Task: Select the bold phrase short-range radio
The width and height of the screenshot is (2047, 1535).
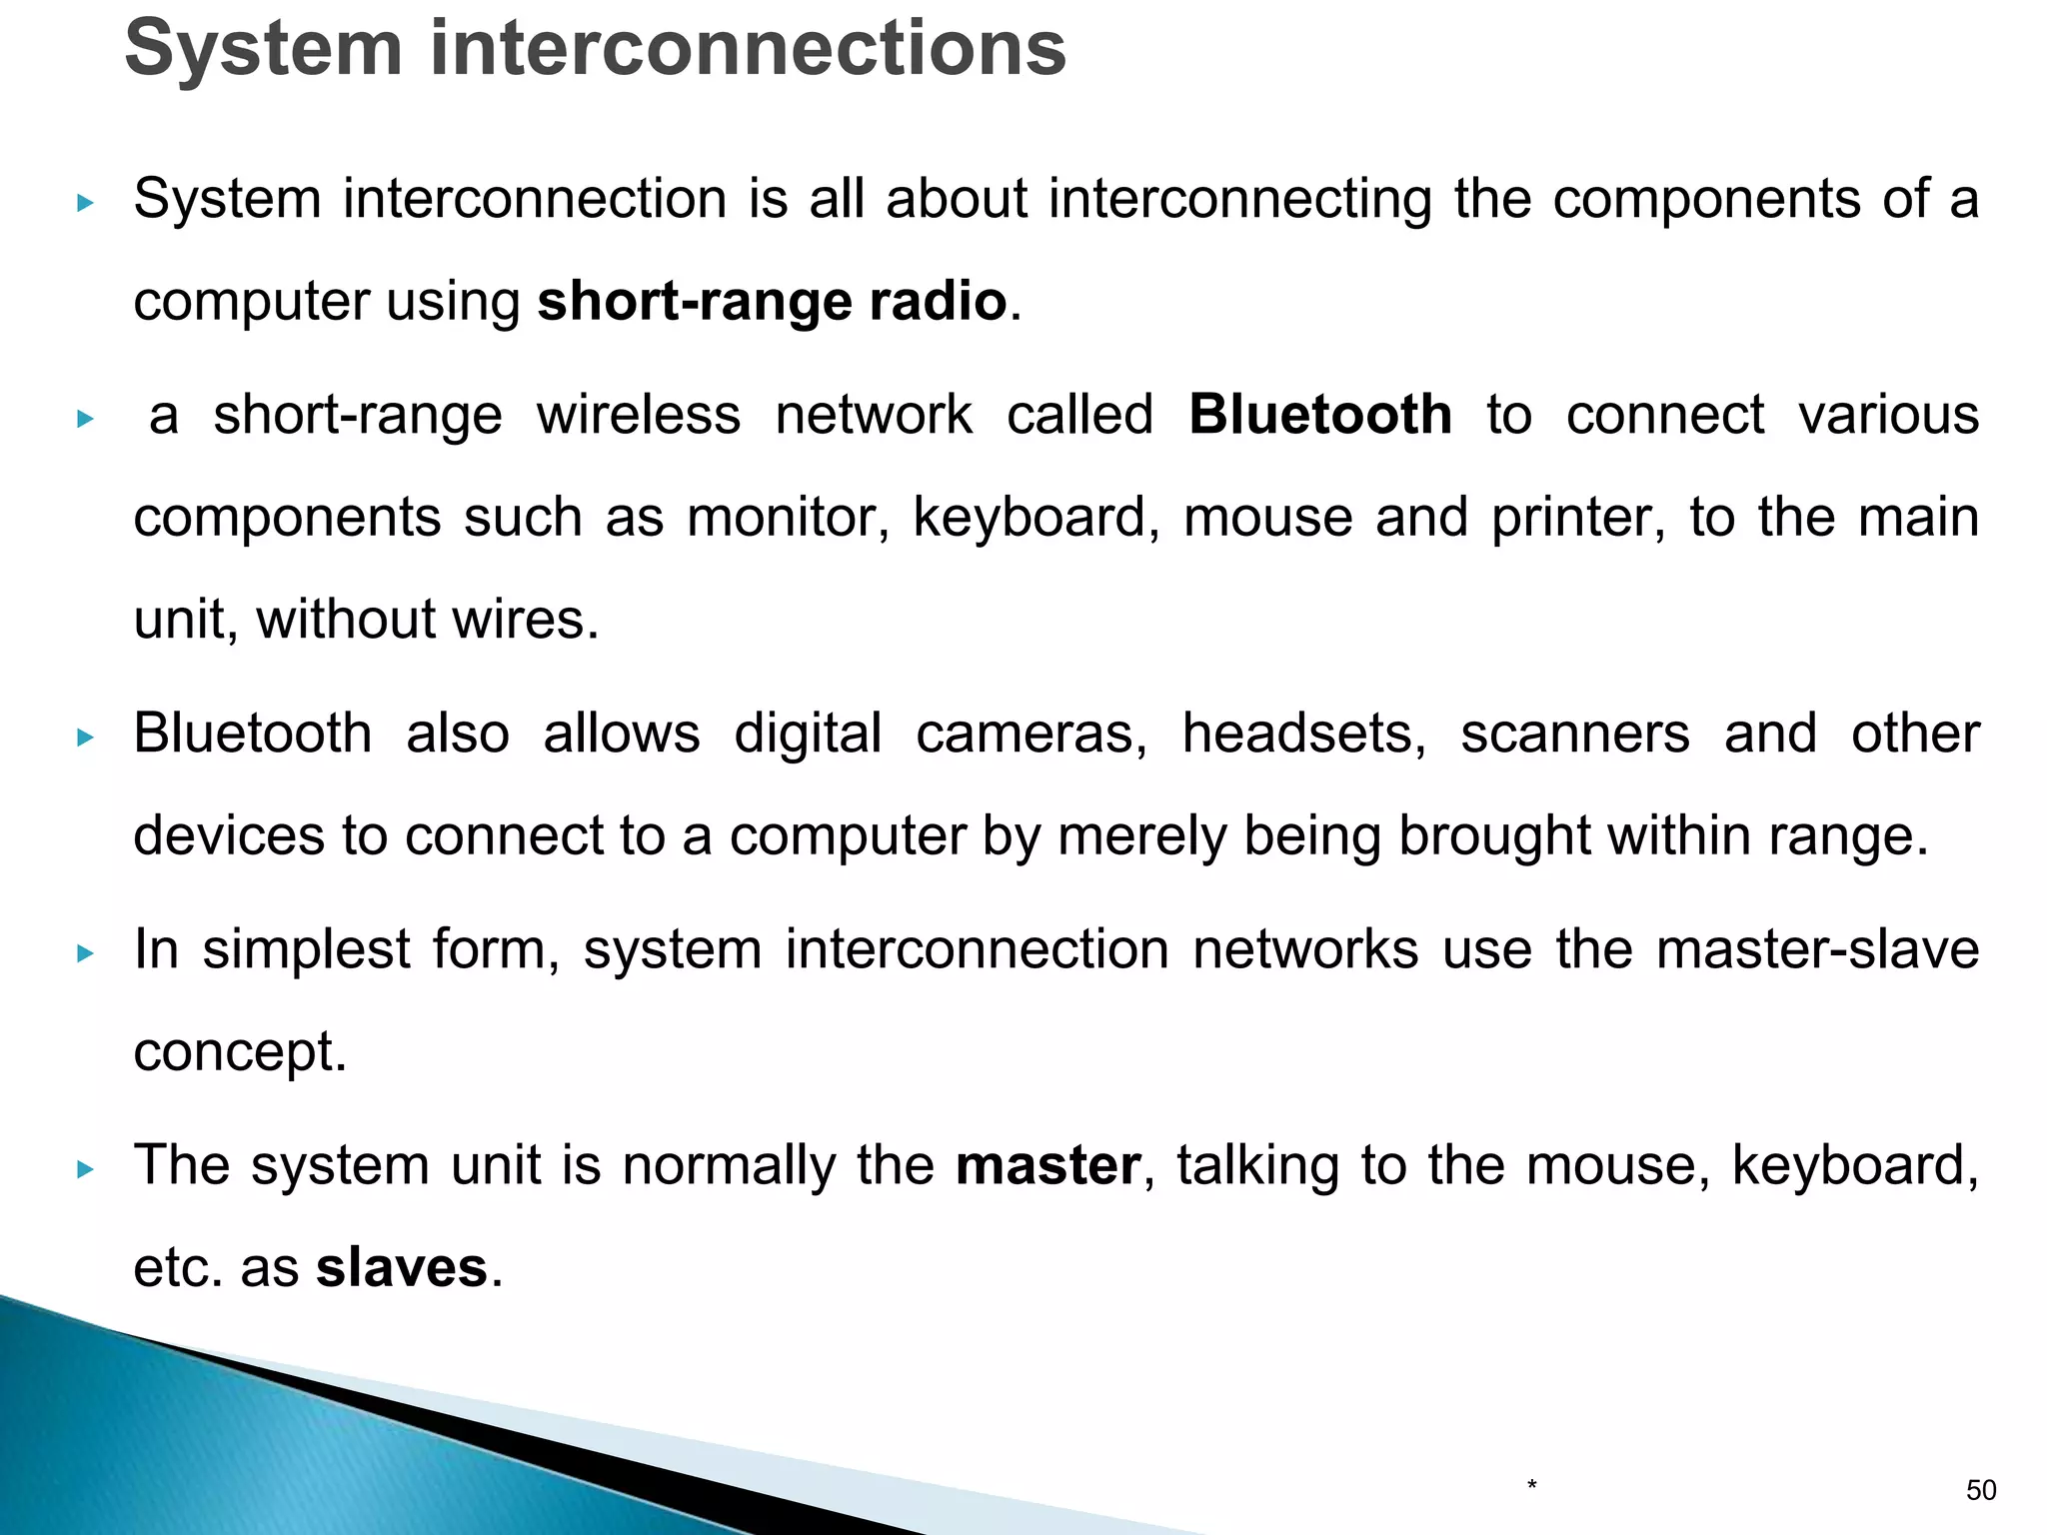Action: (x=772, y=301)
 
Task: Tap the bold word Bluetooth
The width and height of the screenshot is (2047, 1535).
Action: (x=1320, y=415)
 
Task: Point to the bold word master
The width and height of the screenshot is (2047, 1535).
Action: (x=1047, y=1165)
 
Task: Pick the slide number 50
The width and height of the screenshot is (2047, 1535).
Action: (x=1981, y=1491)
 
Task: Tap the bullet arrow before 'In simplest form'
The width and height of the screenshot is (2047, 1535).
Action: (x=85, y=953)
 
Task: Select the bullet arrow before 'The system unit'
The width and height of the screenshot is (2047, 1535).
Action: (x=85, y=1169)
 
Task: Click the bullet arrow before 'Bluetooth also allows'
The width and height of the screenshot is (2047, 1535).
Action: (x=85, y=738)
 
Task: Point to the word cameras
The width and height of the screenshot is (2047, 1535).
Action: (x=1031, y=734)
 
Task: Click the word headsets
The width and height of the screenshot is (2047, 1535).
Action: (x=1304, y=734)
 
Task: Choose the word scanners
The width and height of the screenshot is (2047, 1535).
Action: (x=1575, y=734)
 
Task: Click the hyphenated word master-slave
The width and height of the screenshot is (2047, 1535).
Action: (x=1817, y=949)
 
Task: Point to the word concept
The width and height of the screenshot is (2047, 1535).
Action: (x=240, y=1051)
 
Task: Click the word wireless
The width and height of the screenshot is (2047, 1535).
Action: (x=639, y=415)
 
